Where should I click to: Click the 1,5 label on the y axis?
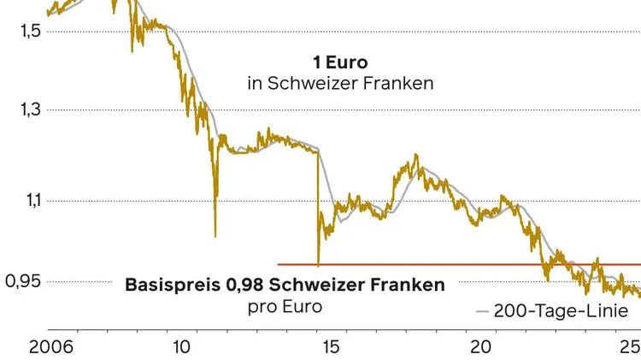29,32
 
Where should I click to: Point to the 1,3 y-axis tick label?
29,110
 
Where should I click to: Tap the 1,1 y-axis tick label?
29,201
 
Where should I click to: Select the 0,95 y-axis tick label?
25,281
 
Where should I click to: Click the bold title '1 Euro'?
338,62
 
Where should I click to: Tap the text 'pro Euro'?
285,305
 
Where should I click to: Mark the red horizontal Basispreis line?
462,265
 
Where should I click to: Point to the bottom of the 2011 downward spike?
215,236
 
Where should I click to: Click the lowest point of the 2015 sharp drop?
318,264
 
